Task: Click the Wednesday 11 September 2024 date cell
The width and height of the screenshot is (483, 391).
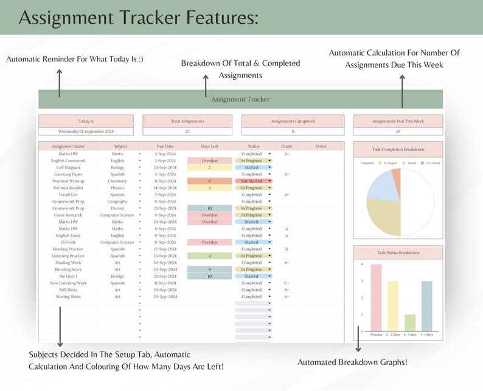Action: click(86, 131)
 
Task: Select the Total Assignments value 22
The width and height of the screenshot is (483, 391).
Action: click(187, 131)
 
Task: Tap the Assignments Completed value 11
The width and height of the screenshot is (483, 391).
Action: click(293, 131)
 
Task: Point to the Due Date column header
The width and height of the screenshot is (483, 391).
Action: click(165, 146)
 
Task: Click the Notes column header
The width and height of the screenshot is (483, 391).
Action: click(321, 146)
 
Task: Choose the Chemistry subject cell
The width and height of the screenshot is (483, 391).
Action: click(117, 181)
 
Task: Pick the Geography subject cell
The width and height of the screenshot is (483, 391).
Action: click(117, 202)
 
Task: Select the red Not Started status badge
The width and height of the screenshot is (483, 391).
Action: click(252, 181)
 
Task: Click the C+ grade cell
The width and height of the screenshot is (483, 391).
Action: click(286, 283)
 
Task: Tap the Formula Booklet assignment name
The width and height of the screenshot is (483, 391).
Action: click(68, 188)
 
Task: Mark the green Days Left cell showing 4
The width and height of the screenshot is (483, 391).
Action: click(209, 256)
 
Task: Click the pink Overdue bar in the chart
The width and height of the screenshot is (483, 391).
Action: click(377, 298)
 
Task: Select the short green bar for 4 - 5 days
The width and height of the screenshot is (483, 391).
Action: click(410, 323)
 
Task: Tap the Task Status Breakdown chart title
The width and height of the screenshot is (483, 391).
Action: click(398, 252)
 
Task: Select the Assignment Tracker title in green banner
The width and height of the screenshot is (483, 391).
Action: click(240, 99)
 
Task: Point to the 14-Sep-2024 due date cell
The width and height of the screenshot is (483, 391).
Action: click(165, 188)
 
